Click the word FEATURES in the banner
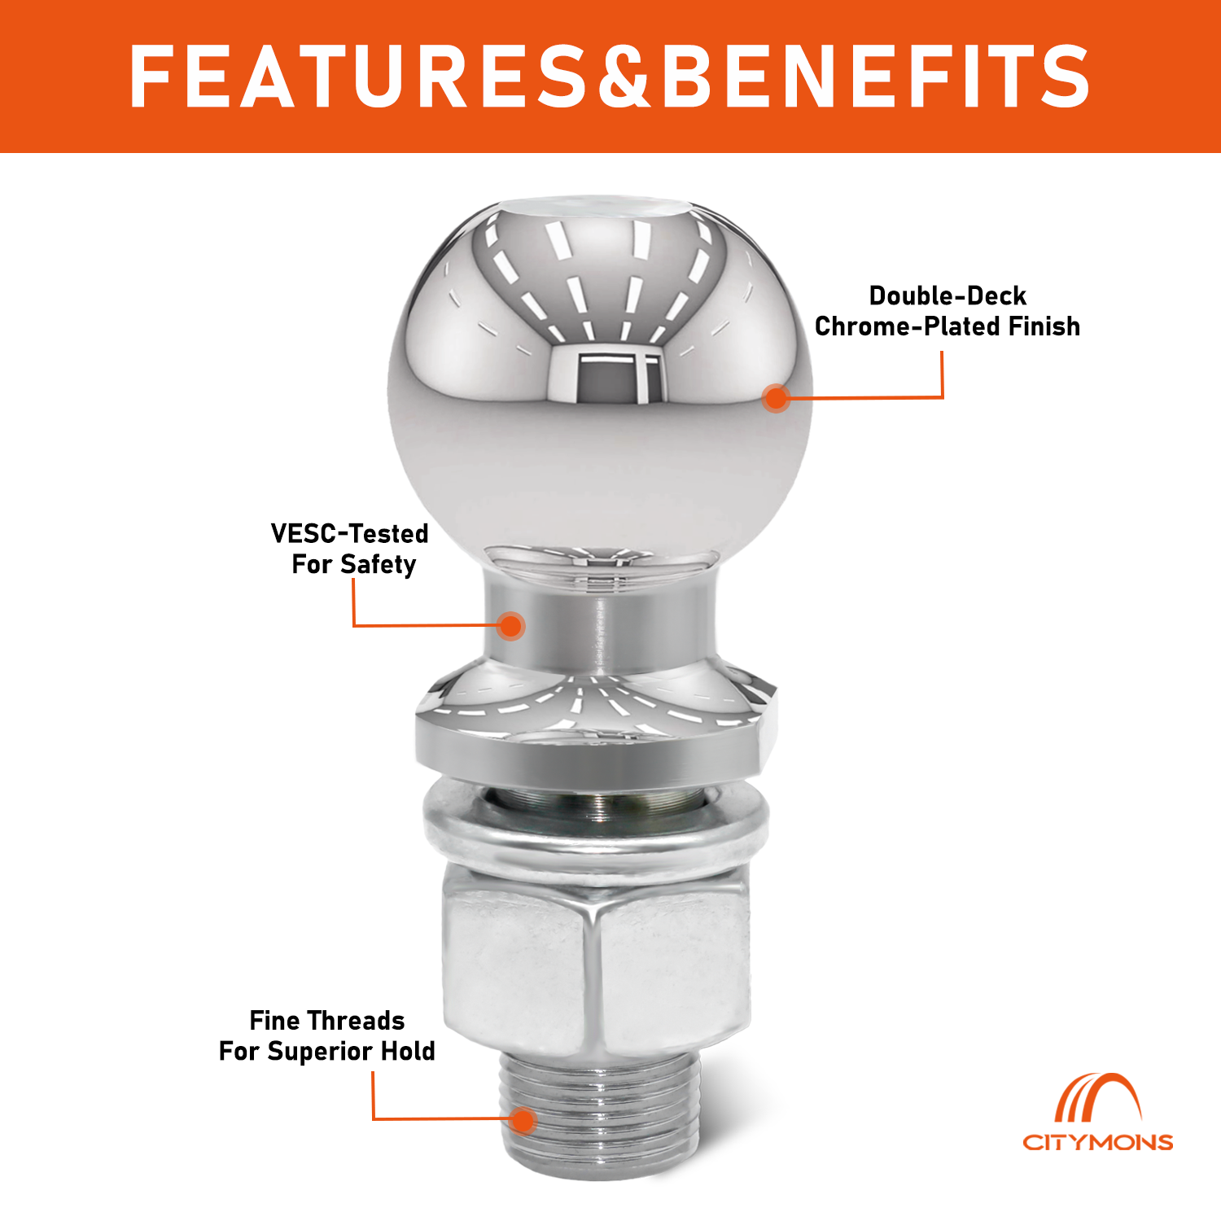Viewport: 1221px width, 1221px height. click(x=357, y=77)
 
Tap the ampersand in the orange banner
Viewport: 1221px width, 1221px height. click(x=625, y=77)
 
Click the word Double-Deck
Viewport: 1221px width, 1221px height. click(x=947, y=295)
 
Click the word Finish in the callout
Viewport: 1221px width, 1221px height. click(x=1044, y=326)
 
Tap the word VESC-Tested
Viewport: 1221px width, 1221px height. click(x=349, y=533)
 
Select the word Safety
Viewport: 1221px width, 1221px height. click(x=379, y=565)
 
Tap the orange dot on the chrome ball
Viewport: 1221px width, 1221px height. click(x=777, y=397)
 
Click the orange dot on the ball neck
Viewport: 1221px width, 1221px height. click(x=510, y=625)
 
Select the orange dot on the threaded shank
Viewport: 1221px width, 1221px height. click(x=523, y=1120)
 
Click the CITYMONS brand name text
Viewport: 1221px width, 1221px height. click(x=1097, y=1142)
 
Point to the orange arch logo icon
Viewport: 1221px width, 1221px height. click(x=1098, y=1099)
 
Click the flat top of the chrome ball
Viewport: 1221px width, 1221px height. click(x=600, y=207)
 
